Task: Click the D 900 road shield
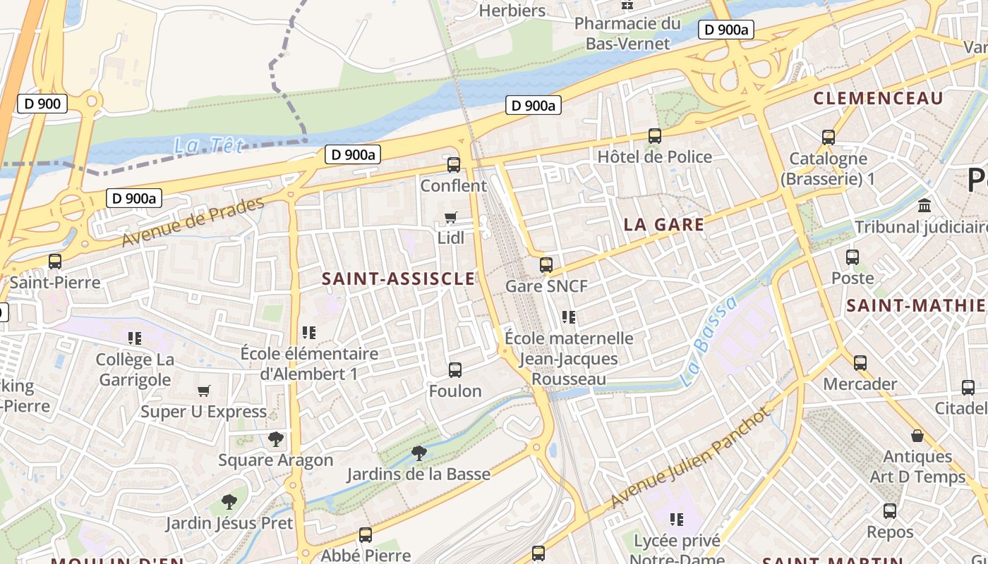(42, 104)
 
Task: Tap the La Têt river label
(209, 146)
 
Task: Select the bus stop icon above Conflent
(454, 165)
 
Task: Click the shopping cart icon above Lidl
(451, 218)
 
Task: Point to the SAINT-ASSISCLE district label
(399, 278)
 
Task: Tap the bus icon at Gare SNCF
(546, 265)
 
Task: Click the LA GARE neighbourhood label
(663, 225)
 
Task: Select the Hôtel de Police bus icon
(655, 136)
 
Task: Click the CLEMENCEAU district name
(878, 98)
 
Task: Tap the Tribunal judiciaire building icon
(924, 206)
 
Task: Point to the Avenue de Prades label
(193, 221)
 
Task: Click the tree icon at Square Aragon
(276, 439)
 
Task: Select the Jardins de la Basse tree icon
(419, 453)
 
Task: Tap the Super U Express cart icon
(204, 391)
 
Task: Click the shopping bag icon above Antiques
(917, 436)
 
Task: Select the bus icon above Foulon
(455, 369)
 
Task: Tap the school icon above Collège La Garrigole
(135, 338)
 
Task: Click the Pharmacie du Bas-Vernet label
(627, 33)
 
